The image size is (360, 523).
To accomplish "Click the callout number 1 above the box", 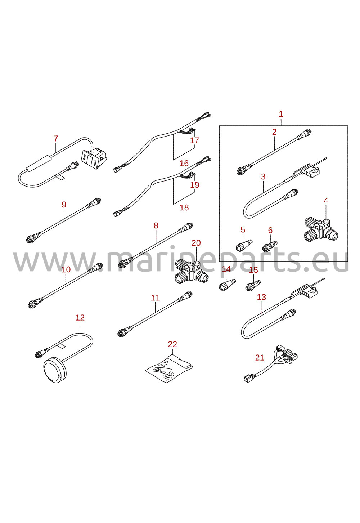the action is point(281,115).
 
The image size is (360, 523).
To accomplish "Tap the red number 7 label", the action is point(55,139).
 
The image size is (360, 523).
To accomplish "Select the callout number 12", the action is point(80,318).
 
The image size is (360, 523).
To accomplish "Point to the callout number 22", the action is point(173,344).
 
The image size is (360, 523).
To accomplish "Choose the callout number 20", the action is point(196,243).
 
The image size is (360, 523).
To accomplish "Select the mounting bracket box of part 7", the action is point(94,156).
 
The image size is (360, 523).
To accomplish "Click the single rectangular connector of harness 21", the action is point(247,378).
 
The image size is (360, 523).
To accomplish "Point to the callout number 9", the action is point(64,205).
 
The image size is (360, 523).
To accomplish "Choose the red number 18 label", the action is point(184,207).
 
